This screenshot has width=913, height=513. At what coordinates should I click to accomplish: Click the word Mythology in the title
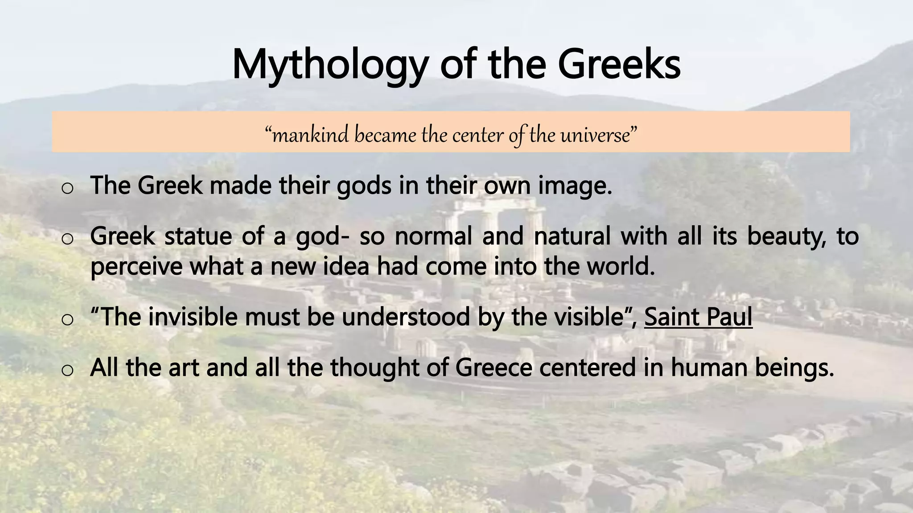click(328, 65)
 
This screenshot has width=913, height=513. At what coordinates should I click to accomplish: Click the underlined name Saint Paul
click(698, 317)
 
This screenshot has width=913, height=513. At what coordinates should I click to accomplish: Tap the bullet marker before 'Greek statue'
click(67, 239)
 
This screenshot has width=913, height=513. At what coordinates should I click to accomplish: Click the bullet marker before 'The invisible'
click(67, 320)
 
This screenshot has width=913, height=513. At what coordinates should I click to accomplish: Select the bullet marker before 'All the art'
click(67, 370)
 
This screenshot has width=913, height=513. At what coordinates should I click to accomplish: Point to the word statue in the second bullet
click(198, 236)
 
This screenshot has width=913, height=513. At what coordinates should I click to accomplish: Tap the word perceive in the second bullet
click(136, 266)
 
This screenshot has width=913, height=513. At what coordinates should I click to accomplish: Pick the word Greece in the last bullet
click(494, 367)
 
